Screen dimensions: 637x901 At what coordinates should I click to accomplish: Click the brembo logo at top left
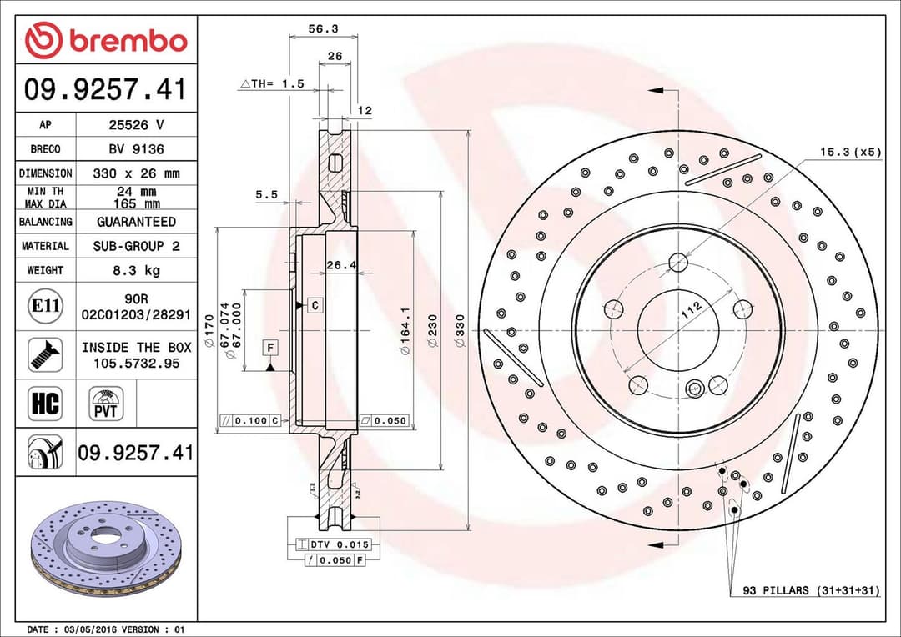coord(106,40)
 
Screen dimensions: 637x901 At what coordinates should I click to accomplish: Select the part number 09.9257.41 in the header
coord(106,89)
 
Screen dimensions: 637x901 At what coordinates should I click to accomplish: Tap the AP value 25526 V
coord(136,125)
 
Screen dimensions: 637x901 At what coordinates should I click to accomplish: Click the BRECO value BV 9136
coord(136,149)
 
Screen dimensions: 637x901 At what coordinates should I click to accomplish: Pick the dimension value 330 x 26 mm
coord(136,173)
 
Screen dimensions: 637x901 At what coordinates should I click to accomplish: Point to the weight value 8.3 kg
coord(136,270)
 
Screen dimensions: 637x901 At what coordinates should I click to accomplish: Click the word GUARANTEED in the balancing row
coord(136,222)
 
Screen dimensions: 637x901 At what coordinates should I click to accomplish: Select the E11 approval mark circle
coord(45,306)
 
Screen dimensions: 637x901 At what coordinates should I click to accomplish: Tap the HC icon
coord(45,404)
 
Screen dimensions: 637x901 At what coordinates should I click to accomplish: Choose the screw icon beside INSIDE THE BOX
coord(45,354)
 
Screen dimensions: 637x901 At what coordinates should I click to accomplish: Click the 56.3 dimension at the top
coord(323,28)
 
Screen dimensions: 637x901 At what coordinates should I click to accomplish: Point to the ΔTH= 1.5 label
coord(273,84)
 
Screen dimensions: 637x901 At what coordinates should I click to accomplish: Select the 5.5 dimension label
coord(266,195)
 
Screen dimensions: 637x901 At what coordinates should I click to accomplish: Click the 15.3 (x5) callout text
coord(849,152)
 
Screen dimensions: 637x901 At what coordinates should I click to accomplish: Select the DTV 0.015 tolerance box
coord(332,544)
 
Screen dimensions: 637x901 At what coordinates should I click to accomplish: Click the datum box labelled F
coord(271,346)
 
